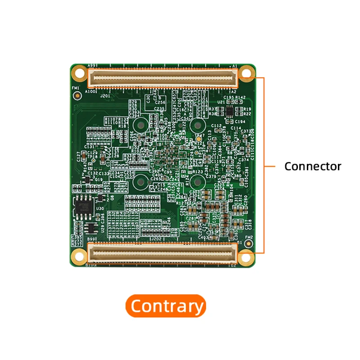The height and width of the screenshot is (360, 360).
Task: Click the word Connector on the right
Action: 313,166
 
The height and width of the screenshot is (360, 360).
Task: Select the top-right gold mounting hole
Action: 246,72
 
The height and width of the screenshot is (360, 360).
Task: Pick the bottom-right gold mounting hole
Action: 246,257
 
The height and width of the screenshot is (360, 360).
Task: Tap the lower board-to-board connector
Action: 163,252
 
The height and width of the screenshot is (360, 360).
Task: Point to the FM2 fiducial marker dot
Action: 249,243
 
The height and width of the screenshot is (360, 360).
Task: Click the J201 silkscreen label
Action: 105,96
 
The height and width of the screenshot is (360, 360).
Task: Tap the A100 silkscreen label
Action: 90,92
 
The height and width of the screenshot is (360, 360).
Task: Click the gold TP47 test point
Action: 198,140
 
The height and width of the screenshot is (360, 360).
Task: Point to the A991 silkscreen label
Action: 92,65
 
